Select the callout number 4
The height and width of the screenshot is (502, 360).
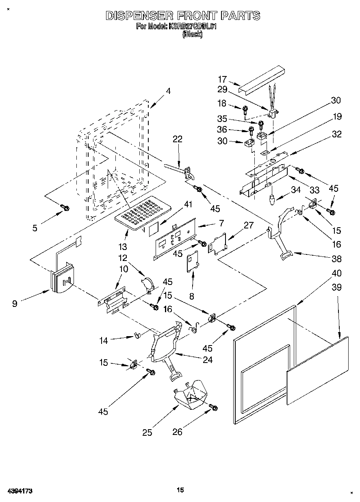pos(168,91)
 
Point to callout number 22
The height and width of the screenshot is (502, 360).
pos(177,139)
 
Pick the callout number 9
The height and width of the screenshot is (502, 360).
pos(15,303)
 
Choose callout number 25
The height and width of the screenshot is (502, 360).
pos(147,432)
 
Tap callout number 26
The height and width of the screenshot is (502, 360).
pos(178,432)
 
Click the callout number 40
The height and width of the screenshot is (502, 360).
pos(336,273)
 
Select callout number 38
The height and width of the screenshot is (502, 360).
pos(336,259)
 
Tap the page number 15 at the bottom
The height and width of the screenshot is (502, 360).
pos(180,490)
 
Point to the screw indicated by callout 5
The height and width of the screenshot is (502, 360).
pos(65,208)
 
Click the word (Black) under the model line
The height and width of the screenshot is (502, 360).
pos(192,35)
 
